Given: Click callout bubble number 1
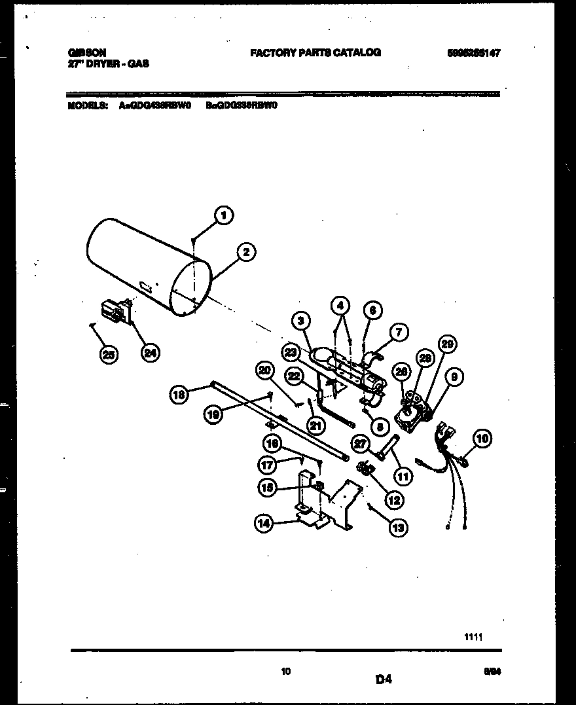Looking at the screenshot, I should click(224, 215).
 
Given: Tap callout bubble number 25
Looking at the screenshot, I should click(110, 354).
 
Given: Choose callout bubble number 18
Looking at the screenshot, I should click(179, 394).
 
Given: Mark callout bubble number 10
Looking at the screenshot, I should click(483, 438).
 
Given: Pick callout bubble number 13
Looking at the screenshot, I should click(397, 527).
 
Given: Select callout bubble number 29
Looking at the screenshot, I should click(448, 345).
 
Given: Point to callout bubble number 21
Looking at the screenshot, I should click(316, 426).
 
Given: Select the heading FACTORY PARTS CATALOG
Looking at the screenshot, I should click(315, 53).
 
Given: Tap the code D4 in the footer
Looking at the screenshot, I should click(384, 680).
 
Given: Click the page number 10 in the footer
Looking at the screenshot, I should click(285, 671).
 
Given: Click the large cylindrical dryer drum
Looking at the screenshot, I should click(147, 265).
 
